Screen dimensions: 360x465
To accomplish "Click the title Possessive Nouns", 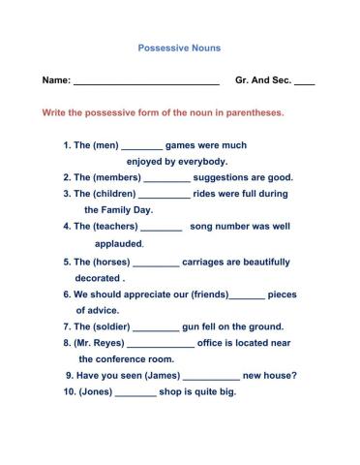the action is coord(179,46).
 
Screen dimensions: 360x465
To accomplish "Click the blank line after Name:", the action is coord(146,83).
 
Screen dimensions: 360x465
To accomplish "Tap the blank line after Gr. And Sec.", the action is coord(304,83).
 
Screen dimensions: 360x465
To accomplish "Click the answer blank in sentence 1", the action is coord(142,147).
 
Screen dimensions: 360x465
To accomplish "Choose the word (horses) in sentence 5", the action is coord(111,262).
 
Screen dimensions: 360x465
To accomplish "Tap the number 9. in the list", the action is coord(70,376).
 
